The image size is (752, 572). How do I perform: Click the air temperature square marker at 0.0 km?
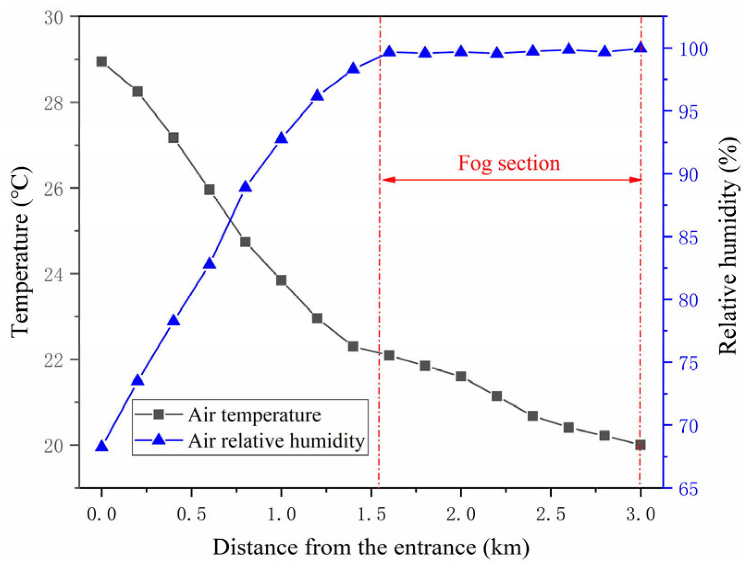[x=102, y=61]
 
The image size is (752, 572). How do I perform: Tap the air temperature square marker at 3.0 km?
[x=640, y=445]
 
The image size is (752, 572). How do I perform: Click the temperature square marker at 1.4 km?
[x=353, y=346]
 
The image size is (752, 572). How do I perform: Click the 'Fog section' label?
[x=509, y=163]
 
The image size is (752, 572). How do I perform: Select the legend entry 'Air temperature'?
[x=254, y=415]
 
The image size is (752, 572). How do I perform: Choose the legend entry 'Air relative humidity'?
[x=276, y=440]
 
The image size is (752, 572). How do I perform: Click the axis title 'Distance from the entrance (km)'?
[x=371, y=548]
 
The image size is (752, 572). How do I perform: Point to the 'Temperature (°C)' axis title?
[x=21, y=252]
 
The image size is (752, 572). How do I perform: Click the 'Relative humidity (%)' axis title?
[x=729, y=245]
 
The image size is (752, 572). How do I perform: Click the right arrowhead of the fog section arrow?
[x=636, y=180]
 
